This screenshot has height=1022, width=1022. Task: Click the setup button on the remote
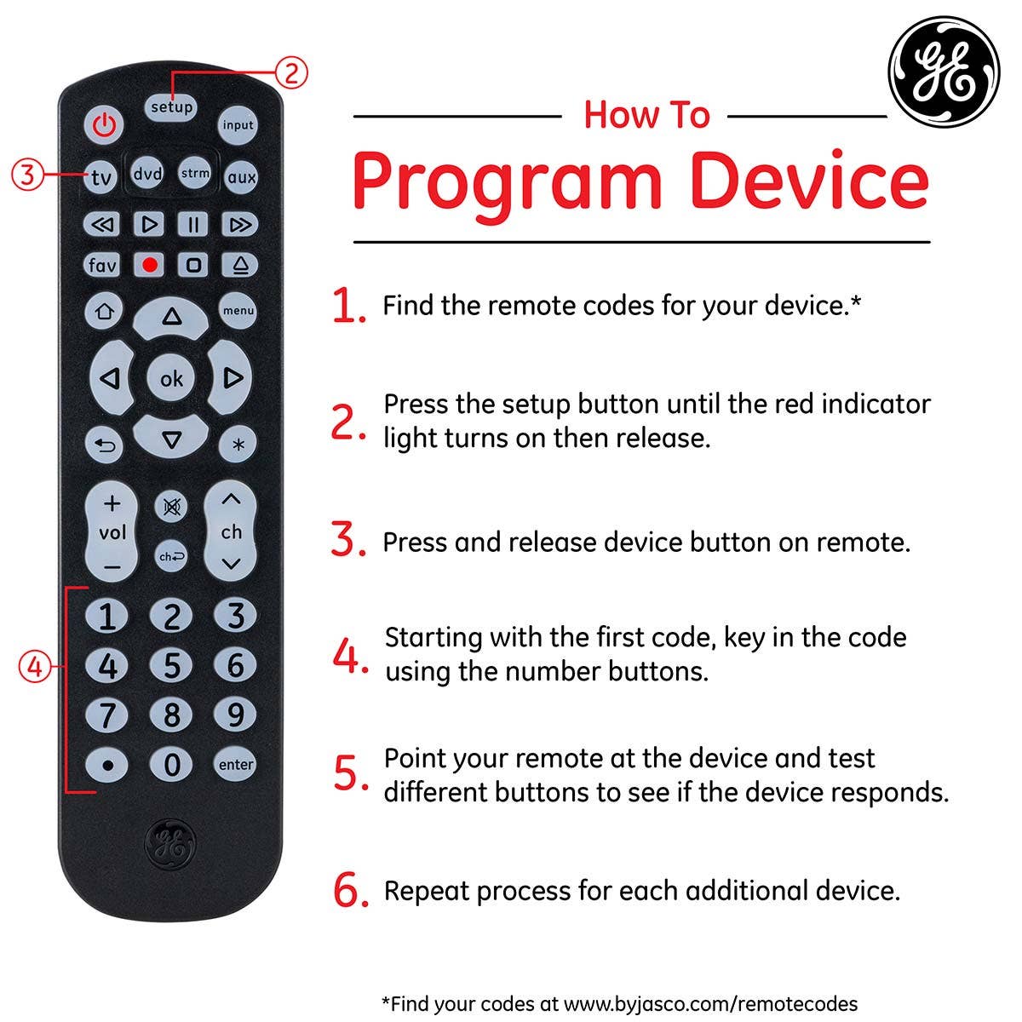pyautogui.click(x=171, y=107)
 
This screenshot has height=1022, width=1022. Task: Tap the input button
pyautogui.click(x=238, y=125)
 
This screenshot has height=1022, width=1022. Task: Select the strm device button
pyautogui.click(x=195, y=173)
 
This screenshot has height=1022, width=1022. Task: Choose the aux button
pyautogui.click(x=241, y=176)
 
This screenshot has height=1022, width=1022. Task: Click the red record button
pyautogui.click(x=149, y=265)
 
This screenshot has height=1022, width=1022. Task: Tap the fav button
pyautogui.click(x=102, y=265)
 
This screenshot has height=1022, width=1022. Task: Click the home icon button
pyautogui.click(x=104, y=311)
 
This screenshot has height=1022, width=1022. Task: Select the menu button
pyautogui.click(x=238, y=310)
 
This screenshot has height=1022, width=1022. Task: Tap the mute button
pyautogui.click(x=171, y=507)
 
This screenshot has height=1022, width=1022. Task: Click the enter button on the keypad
pyautogui.click(x=235, y=764)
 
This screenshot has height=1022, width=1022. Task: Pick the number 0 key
pyautogui.click(x=171, y=765)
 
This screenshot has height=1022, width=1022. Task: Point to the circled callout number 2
pyautogui.click(x=291, y=72)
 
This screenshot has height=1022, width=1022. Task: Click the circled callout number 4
pyautogui.click(x=35, y=666)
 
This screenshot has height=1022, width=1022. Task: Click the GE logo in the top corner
pyautogui.click(x=944, y=72)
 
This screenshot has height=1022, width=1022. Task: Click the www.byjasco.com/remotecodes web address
pyautogui.click(x=710, y=1004)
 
